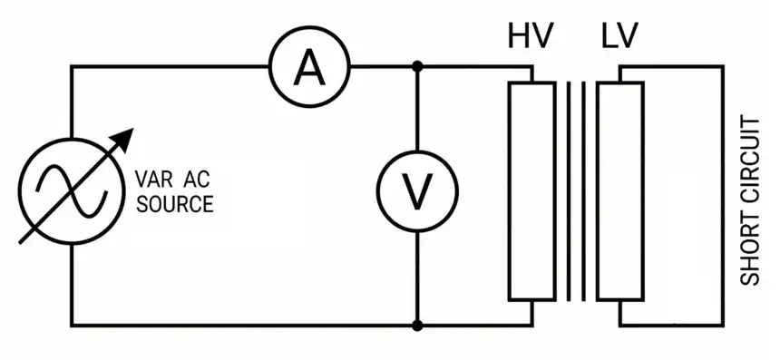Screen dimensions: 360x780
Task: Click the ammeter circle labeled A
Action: [310, 66]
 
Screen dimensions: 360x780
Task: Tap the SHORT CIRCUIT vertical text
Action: [751, 200]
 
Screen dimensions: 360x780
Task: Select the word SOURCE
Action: [174, 204]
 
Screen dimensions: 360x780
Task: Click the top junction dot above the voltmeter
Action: [417, 66]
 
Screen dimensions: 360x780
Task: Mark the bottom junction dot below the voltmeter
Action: [417, 325]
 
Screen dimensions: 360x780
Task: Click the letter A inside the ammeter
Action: [310, 66]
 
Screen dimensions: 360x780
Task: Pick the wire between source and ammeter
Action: [172, 66]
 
